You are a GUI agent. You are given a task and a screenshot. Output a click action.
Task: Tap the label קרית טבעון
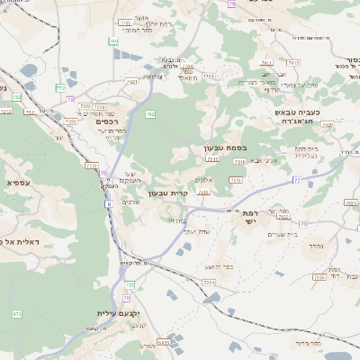(x=169, y=193)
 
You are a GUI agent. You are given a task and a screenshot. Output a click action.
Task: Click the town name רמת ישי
(x=248, y=217)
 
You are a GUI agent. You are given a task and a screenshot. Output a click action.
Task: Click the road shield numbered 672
(x=17, y=313)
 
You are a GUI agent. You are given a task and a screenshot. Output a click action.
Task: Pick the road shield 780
(x=114, y=40)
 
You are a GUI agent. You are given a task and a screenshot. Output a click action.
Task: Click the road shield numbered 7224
(x=209, y=283)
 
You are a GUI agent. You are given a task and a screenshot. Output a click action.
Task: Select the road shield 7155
(x=209, y=77)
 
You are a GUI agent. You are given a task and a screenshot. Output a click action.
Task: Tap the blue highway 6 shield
(x=109, y=204)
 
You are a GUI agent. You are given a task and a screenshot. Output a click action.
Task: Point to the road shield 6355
(x=163, y=342)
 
